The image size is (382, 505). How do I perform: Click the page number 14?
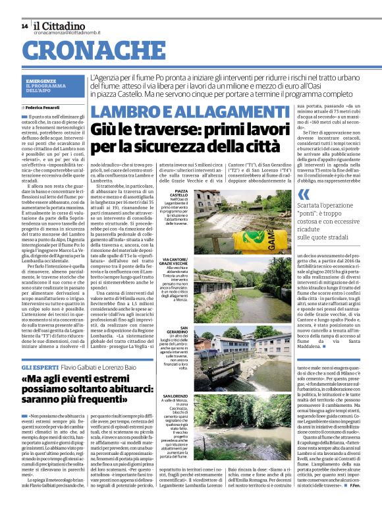[x=24, y=26]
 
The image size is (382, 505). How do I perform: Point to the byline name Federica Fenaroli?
[x=43, y=106]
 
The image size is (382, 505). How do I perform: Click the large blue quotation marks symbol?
[x=304, y=194]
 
